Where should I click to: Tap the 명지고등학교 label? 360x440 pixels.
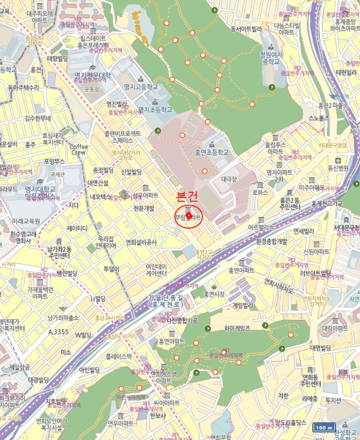[x=141, y=87]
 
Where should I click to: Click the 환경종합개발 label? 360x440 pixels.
[x=271, y=241]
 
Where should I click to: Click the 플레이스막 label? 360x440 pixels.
[x=119, y=356]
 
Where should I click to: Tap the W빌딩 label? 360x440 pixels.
[x=84, y=335]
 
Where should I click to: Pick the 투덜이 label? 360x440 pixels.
[x=111, y=269]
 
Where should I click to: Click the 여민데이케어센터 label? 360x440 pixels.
[x=156, y=270]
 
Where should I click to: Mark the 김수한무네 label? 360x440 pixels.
[x=38, y=118]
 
